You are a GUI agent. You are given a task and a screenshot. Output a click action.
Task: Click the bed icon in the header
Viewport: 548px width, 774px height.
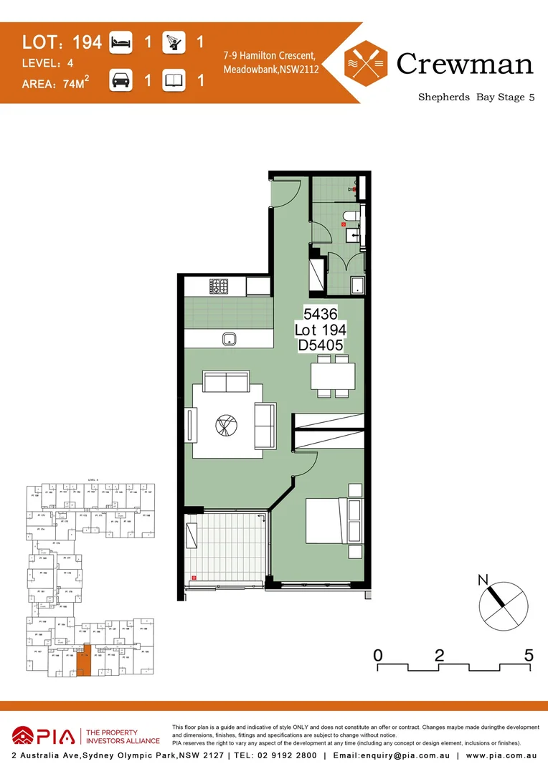(x=121, y=43)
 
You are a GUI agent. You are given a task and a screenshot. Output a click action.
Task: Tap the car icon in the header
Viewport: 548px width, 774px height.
(x=121, y=80)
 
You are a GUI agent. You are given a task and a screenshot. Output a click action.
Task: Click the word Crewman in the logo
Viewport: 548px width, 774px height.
(x=465, y=64)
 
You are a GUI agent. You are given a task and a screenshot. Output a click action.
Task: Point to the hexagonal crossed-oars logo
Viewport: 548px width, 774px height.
(x=366, y=63)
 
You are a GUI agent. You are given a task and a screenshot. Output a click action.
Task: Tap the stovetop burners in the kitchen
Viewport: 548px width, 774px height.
(x=219, y=287)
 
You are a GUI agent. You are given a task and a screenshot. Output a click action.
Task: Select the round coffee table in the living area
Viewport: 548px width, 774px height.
(x=225, y=425)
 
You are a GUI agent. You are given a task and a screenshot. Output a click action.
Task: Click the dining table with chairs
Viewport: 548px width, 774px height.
(x=333, y=378)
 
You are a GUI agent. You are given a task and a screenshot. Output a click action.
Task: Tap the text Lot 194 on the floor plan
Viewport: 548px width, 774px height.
(x=321, y=330)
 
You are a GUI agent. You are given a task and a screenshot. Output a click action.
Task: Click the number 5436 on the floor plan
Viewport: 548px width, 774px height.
(x=321, y=314)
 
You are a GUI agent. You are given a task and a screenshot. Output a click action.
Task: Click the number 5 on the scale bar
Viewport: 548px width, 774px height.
(x=529, y=654)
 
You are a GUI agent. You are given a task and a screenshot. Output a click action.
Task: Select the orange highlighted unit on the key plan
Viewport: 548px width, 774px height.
(x=85, y=660)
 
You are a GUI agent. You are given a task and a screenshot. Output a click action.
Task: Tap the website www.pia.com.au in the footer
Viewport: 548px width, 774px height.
(x=501, y=756)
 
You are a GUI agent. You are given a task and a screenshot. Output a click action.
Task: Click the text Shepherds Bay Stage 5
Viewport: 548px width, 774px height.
(x=476, y=97)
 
